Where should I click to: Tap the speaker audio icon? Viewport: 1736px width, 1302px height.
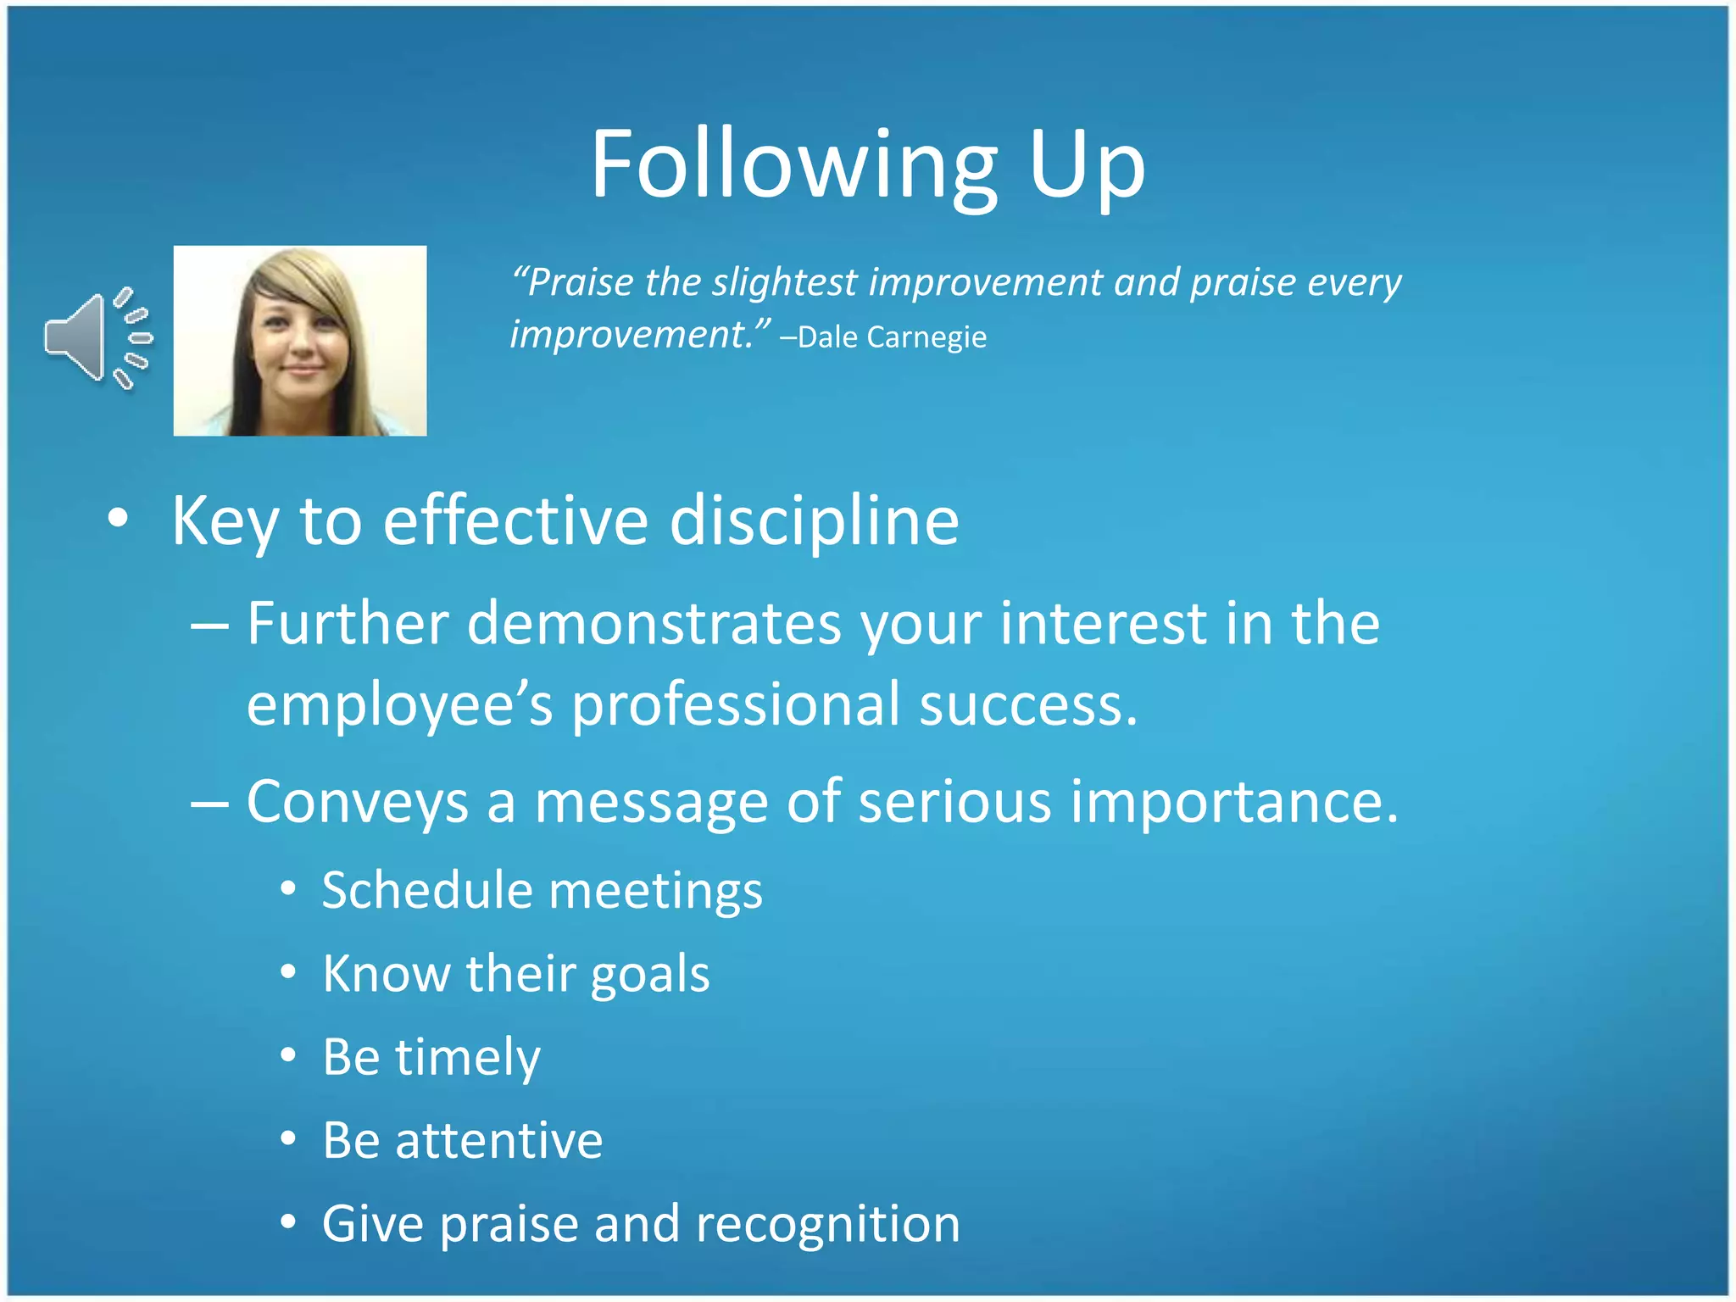click(97, 338)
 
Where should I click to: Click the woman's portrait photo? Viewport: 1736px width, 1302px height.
click(300, 341)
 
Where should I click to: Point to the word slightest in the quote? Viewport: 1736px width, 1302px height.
click(784, 282)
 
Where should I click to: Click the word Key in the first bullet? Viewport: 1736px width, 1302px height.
click(225, 521)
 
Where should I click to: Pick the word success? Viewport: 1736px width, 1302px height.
click(1028, 705)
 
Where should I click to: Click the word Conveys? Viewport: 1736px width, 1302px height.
click(357, 802)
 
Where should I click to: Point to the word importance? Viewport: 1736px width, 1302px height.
click(1233, 802)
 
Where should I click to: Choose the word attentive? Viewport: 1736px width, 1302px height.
click(498, 1140)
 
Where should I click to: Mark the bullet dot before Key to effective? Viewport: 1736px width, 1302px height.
click(119, 519)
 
